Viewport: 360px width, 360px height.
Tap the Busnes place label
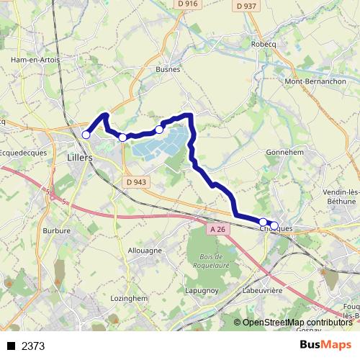168,70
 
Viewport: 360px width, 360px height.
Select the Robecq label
264,43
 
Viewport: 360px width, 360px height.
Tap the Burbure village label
57,231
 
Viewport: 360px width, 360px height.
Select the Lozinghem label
130,297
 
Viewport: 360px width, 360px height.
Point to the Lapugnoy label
202,290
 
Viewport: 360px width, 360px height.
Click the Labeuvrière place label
261,290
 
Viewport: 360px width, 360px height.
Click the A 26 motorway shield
218,229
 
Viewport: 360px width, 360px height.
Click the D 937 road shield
246,6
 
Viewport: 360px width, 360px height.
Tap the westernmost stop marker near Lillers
86,135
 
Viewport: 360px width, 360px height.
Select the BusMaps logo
325,345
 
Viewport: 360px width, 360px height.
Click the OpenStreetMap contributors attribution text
297,323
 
